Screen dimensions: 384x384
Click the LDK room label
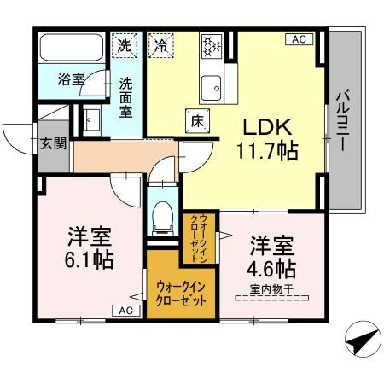[x=269, y=127]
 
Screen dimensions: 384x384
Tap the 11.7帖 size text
[x=269, y=154]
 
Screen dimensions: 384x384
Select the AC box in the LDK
[x=300, y=39]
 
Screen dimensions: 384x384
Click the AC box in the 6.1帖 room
[x=125, y=311]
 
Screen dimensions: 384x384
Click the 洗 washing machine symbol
[x=125, y=44]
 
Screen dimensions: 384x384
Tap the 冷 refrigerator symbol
[x=160, y=46]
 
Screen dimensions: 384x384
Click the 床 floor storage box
[x=196, y=122]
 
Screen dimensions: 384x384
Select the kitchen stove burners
[x=211, y=46]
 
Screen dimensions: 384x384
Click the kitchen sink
[x=211, y=85]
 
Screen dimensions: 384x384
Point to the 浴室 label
[x=71, y=81]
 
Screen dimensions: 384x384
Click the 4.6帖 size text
[x=272, y=270]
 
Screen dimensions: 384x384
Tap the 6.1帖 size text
[x=90, y=258]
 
